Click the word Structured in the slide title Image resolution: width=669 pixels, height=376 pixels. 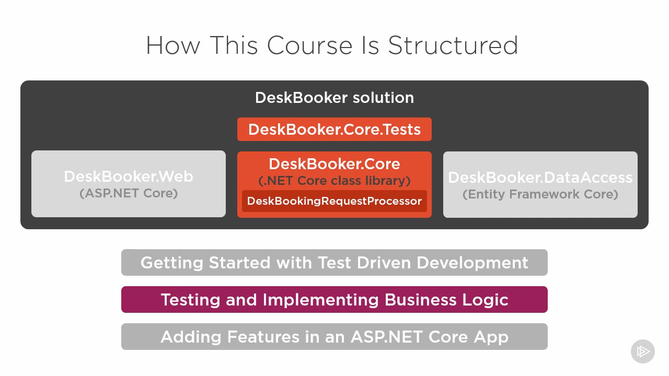tap(453, 45)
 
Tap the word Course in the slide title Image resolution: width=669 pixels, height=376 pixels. tap(309, 45)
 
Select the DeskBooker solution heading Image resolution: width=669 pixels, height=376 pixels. tap(334, 98)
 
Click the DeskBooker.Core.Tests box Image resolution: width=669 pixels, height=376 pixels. tap(334, 129)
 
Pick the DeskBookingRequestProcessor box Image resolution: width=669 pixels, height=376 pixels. tap(334, 201)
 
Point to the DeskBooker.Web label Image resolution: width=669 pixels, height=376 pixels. tap(129, 177)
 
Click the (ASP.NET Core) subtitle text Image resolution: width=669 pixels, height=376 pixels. tap(129, 193)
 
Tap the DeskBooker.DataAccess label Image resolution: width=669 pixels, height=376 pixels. tap(540, 177)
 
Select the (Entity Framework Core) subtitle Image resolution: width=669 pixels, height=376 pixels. tap(540, 194)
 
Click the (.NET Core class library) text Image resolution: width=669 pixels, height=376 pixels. tap(334, 181)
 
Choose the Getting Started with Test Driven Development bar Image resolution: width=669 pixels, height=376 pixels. tap(334, 262)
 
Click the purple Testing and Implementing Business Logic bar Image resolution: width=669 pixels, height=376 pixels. tap(334, 299)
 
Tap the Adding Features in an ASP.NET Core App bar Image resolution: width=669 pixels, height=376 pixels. tap(334, 337)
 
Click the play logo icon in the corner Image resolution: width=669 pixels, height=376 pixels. tap(643, 351)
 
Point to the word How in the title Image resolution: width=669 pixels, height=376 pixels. tap(173, 45)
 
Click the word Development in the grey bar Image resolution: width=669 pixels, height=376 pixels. tap(472, 263)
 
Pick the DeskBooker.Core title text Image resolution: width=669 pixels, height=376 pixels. tap(334, 164)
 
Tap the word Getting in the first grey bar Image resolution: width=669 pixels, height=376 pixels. tap(172, 263)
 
